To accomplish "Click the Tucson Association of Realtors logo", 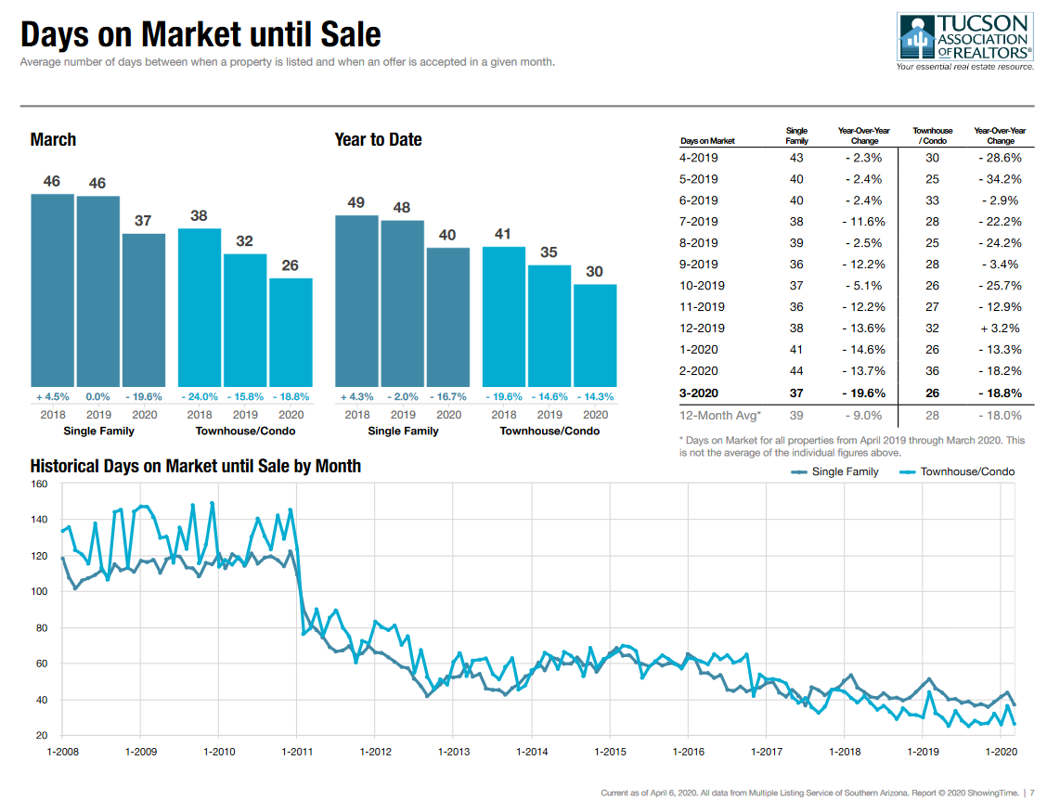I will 964,42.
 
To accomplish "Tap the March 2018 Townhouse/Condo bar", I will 200,306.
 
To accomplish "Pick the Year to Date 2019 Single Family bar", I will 402,303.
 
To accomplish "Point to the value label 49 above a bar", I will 356,202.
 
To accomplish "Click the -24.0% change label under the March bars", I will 200,396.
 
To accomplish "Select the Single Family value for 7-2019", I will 795,222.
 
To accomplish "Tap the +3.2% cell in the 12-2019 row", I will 1001,329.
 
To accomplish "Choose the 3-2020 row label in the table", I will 699,393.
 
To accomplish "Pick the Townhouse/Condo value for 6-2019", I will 932,200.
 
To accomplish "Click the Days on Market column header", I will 707,141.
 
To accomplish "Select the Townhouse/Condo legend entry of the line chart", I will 957,472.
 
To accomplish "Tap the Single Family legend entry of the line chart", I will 834,472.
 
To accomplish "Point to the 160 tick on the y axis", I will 39,484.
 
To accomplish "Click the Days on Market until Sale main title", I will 200,35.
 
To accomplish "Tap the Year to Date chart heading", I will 378,140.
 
